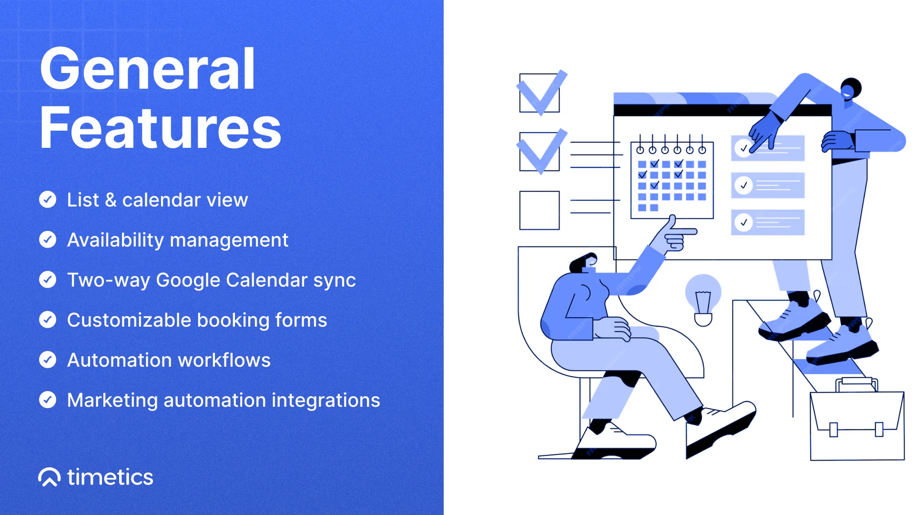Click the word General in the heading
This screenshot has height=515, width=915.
[148, 69]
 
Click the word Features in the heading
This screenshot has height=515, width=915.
[161, 128]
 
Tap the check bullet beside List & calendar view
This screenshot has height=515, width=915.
[48, 199]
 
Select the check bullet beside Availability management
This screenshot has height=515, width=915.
[48, 239]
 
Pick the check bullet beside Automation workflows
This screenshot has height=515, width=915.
[48, 360]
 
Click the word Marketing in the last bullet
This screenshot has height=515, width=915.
[112, 401]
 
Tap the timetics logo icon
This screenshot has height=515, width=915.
[49, 477]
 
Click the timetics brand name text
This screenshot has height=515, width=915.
[110, 477]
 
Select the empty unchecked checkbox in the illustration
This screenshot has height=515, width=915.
[539, 210]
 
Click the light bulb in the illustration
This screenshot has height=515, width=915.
[703, 300]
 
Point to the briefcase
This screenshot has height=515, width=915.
[857, 420]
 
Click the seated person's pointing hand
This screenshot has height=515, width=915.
[677, 234]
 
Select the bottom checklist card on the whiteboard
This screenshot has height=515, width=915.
[768, 222]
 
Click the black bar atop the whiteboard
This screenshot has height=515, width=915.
[722, 110]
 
